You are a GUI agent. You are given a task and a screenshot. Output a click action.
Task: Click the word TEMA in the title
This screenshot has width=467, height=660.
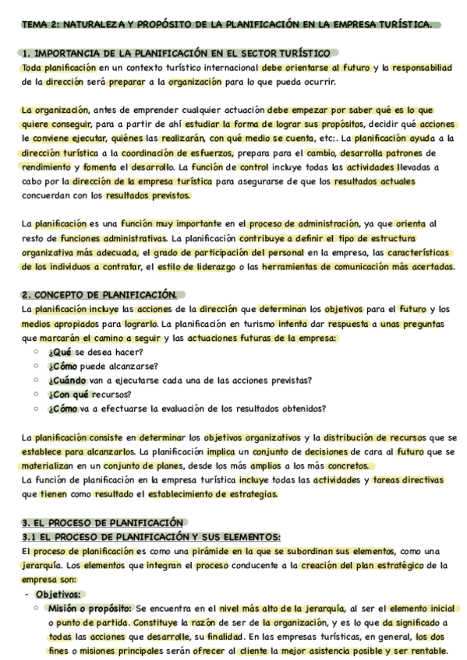[x=35, y=25]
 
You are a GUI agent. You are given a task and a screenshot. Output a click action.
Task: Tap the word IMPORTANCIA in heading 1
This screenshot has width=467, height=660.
[x=70, y=54]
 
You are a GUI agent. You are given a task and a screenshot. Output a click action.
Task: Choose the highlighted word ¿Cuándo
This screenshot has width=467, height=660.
[x=67, y=380]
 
